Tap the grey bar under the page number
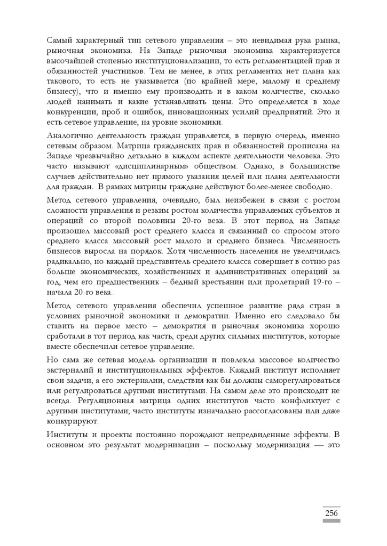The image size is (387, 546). pyautogui.click(x=331, y=521)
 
